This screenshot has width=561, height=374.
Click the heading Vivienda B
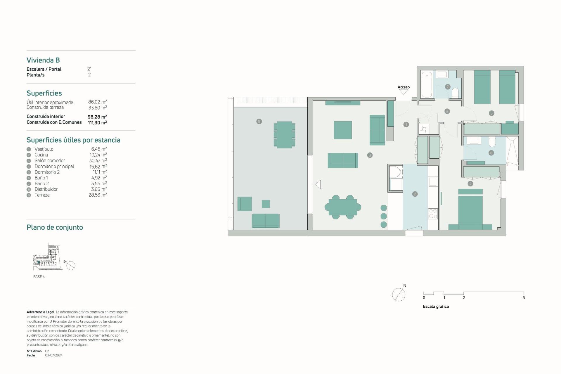(43, 60)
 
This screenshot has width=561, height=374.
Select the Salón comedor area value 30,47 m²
(98, 160)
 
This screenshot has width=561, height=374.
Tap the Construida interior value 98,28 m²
(97, 117)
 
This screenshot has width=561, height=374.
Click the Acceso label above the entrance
(404, 87)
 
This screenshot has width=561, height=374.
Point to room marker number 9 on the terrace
(259, 121)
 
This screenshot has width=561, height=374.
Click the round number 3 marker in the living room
(370, 155)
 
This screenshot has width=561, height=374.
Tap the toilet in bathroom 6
(492, 141)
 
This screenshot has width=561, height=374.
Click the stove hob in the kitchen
(433, 214)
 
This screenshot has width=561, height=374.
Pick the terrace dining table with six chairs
(284, 135)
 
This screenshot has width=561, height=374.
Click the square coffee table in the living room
(343, 130)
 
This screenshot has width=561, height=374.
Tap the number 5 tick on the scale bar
(524, 297)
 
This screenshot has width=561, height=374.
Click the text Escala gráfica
(436, 307)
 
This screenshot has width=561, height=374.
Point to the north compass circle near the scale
(399, 295)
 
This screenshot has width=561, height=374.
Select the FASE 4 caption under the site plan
(39, 277)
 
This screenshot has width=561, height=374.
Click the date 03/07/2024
(54, 355)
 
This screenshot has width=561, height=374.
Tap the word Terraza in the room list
(42, 195)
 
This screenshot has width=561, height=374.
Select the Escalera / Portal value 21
(89, 69)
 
